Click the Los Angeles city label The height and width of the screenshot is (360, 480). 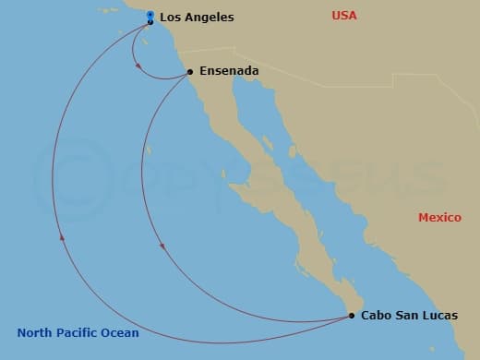[197, 18]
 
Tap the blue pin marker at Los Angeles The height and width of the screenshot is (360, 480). [150, 16]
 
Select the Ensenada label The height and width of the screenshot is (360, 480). [228, 70]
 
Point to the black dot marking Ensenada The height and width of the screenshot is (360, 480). [189, 71]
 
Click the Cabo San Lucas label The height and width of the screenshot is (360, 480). [409, 315]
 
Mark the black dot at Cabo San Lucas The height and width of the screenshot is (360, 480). [352, 316]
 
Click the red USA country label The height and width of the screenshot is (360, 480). [344, 16]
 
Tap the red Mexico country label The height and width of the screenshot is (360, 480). [439, 218]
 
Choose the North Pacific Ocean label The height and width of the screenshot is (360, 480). [78, 333]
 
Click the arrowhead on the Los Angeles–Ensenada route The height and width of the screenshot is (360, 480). [137, 65]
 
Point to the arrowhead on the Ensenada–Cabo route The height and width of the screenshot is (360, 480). [163, 246]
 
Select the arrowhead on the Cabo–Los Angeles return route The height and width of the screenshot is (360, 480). [63, 237]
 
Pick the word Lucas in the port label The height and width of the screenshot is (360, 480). [439, 315]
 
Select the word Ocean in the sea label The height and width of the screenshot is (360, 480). [120, 333]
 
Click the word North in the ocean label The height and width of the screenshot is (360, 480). [33, 333]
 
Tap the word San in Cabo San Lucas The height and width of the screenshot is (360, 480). [406, 315]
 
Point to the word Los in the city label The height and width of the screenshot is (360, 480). [170, 18]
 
